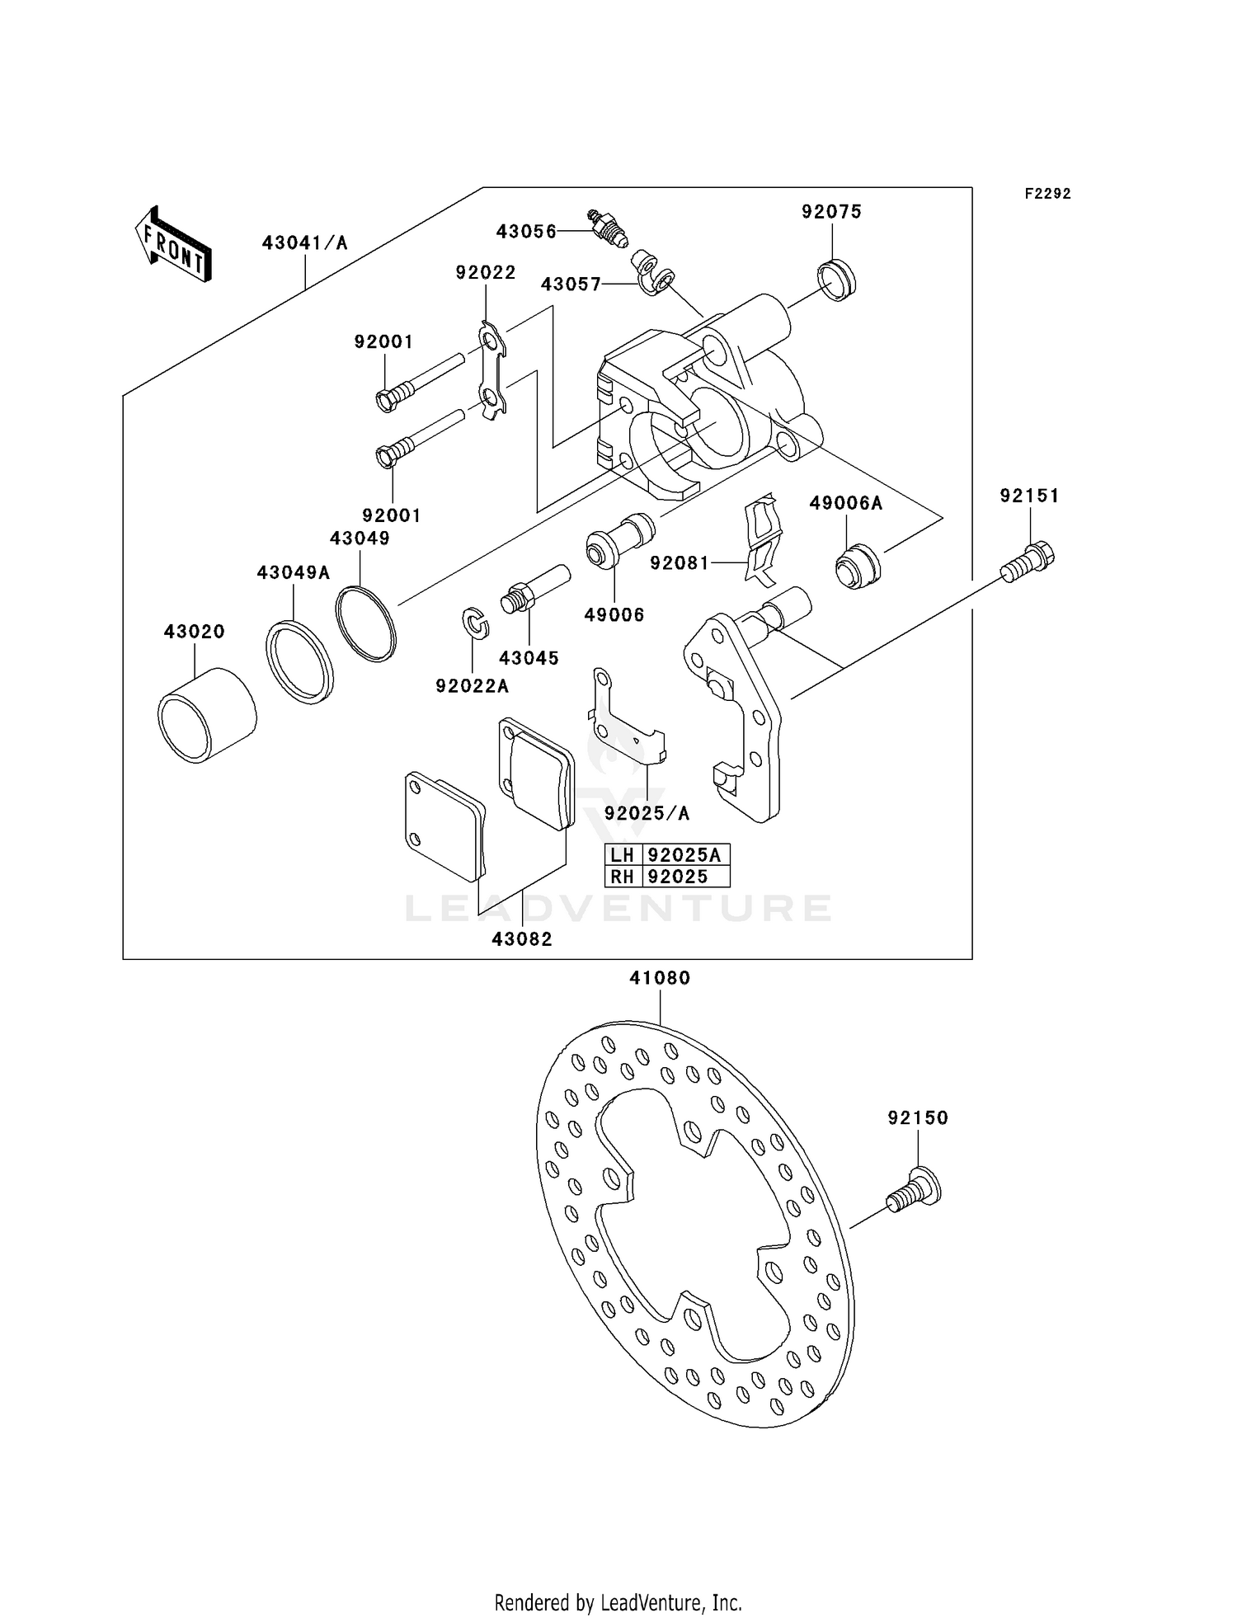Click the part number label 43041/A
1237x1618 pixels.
304,242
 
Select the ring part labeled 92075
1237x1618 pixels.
837,279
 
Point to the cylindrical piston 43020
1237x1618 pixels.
206,713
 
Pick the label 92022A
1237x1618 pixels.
473,686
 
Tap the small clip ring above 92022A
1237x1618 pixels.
475,622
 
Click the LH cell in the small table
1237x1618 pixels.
622,854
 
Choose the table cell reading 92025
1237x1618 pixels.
678,877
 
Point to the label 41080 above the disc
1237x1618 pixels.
660,977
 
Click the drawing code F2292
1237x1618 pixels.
1047,194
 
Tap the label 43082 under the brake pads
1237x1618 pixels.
521,938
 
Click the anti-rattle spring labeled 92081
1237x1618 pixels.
764,539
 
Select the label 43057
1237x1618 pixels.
571,284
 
